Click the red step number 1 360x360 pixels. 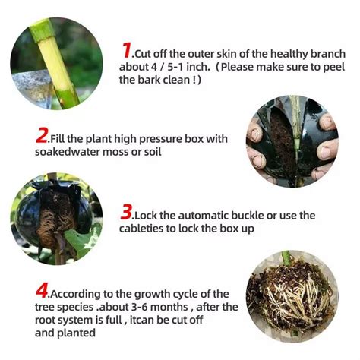point(126,51)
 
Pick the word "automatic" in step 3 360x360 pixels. point(199,216)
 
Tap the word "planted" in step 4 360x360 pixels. point(80,333)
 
